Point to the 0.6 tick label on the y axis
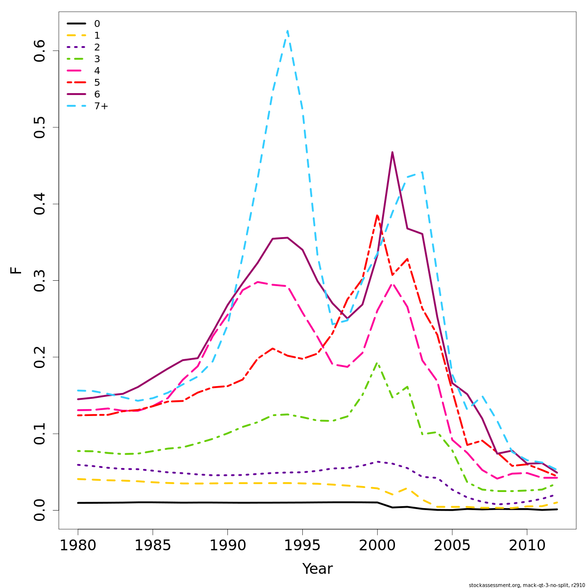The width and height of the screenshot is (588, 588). [40, 50]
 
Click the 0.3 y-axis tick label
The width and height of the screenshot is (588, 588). [40, 280]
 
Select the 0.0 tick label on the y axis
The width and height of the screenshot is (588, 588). [40, 510]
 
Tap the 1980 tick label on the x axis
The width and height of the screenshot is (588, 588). [78, 545]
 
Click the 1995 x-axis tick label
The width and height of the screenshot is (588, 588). [302, 545]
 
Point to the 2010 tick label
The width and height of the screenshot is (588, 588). [527, 545]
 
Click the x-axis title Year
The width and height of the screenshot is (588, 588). [317, 569]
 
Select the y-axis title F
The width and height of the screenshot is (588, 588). [16, 270]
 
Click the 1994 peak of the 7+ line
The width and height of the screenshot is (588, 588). [287, 31]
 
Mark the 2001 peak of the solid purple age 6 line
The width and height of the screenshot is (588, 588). [392, 152]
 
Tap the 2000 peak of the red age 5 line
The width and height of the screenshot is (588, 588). [377, 215]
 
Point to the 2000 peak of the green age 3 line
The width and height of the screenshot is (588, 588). [377, 363]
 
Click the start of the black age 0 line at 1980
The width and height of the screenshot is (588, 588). [78, 503]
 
